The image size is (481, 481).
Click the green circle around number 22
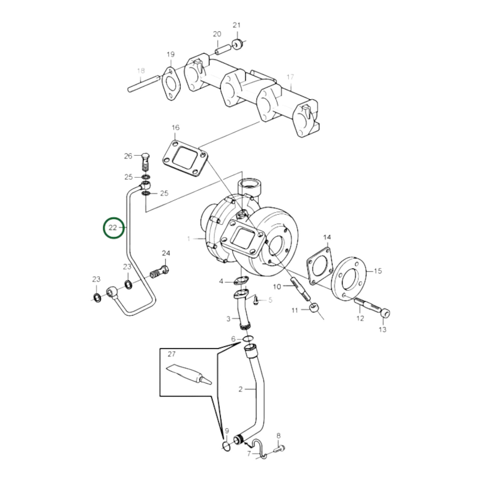click(113, 228)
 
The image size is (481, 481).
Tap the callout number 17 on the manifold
click(290, 77)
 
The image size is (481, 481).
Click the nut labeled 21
click(237, 44)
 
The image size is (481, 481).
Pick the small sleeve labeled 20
click(222, 49)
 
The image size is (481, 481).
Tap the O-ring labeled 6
click(247, 339)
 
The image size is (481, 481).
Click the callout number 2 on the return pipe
click(241, 389)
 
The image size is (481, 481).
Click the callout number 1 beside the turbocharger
click(189, 239)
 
